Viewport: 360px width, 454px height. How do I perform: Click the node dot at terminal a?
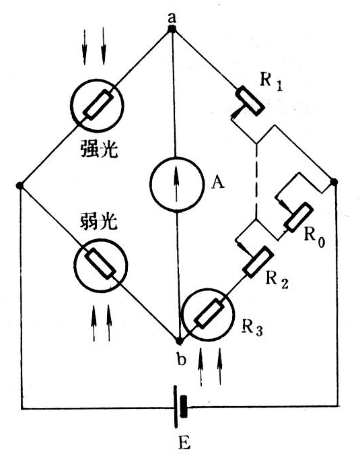pyautogui.click(x=172, y=29)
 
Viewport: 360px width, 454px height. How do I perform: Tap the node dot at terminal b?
pyautogui.click(x=179, y=342)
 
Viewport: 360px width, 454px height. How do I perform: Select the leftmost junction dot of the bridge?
pyautogui.click(x=20, y=186)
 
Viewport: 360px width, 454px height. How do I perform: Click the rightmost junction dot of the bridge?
pyautogui.click(x=334, y=182)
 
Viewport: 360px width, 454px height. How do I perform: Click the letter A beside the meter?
pyautogui.click(x=217, y=183)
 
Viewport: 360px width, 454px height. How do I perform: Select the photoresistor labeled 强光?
pyautogui.click(x=97, y=105)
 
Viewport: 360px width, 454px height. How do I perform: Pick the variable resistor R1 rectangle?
pyautogui.click(x=250, y=100)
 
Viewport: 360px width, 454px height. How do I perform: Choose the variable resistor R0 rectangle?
pyautogui.click(x=298, y=217)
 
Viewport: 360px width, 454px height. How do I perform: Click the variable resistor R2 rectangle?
pyautogui.click(x=258, y=262)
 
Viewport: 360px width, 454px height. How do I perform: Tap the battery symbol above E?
pyautogui.click(x=180, y=407)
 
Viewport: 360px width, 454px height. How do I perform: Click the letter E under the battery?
pyautogui.click(x=184, y=442)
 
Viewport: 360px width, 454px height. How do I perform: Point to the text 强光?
pyautogui.click(x=99, y=150)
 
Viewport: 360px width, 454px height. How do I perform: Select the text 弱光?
pyautogui.click(x=98, y=222)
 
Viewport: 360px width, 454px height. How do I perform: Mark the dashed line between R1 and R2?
pyautogui.click(x=256, y=181)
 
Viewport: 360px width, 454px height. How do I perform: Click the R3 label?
pyautogui.click(x=252, y=327)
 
